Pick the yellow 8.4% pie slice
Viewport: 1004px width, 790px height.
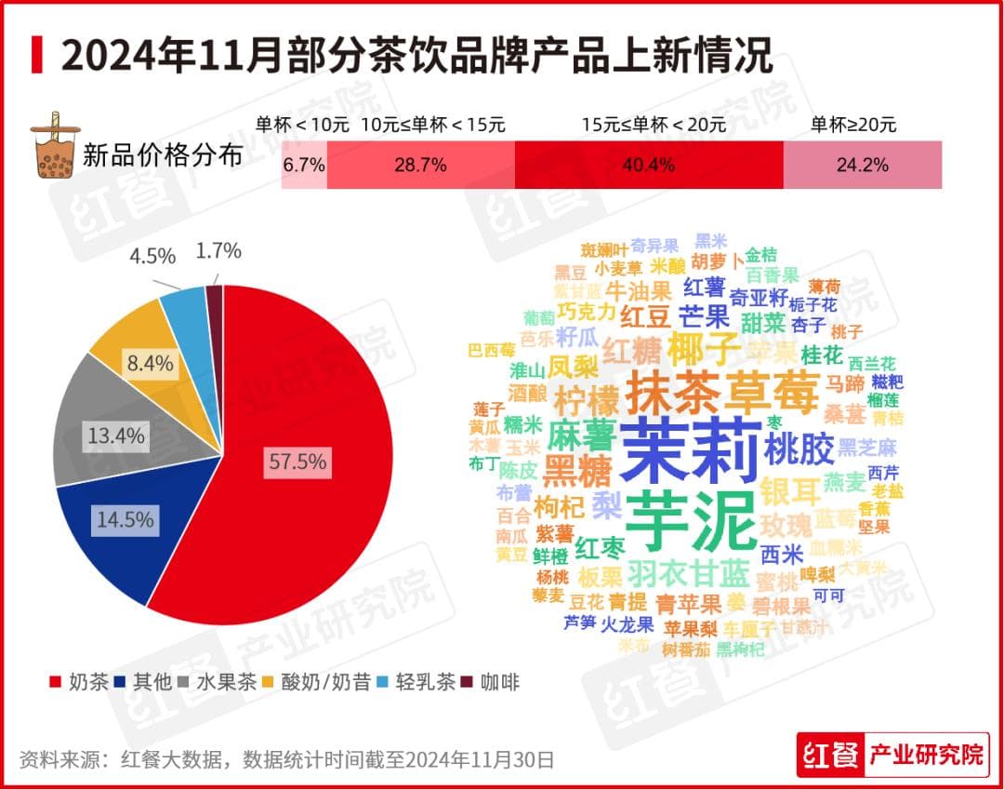click(139, 354)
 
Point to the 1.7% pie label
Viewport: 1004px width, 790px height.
click(218, 250)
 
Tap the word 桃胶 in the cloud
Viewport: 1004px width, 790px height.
click(799, 450)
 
